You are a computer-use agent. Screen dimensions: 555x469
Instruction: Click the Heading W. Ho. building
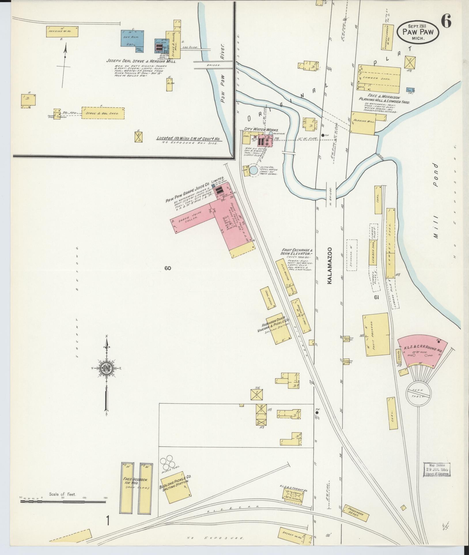point(62,32)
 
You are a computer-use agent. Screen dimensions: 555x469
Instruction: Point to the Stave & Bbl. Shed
point(103,113)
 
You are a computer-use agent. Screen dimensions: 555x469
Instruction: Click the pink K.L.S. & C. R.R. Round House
point(422,351)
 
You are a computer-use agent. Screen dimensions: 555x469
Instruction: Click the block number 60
point(168,268)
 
